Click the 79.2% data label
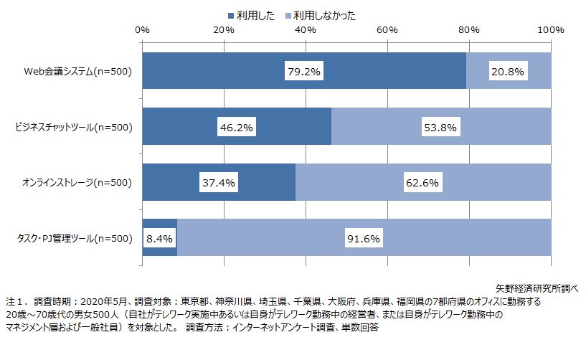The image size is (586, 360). pos(305,72)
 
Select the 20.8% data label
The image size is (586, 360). pos(509,72)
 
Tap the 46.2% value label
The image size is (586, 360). pos(237,128)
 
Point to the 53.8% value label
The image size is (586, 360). pos(440,128)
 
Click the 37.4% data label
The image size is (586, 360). pos(219,183)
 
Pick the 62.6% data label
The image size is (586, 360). pos(423,183)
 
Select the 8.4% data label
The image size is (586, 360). pos(159,238)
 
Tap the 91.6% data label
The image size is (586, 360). pos(364,238)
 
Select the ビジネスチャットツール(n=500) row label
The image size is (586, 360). pos(74,128)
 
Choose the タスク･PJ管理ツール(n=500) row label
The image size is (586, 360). pos(74,238)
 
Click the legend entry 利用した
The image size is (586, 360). pos(250,14)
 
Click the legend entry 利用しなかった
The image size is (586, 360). pos(320,14)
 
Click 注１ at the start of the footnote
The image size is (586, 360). pos(16,302)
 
